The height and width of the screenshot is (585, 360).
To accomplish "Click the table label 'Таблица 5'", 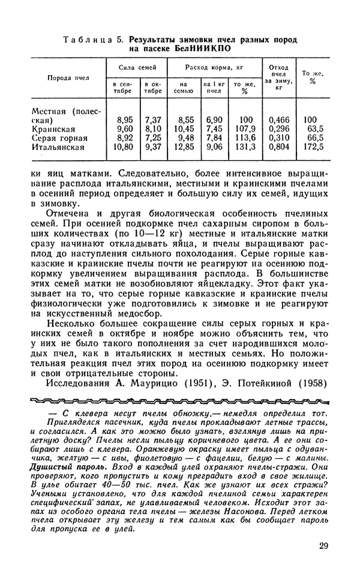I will [90, 39].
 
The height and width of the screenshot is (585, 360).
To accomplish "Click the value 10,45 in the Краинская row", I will [183, 128].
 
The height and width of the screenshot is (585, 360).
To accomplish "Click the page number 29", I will [323, 547].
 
